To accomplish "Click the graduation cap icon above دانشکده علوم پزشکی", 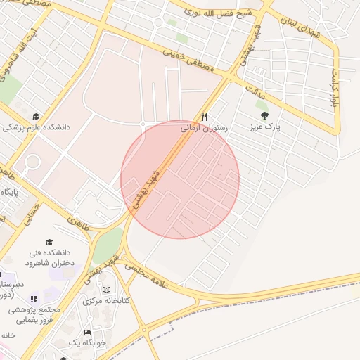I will coord(36,117).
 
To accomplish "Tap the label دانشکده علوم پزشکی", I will coord(37,128).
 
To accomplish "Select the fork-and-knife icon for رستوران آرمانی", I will coord(204,116).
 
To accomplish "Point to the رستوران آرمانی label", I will coord(203,128).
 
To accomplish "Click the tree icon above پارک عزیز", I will coord(264,116).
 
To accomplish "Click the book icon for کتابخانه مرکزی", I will coord(106,290).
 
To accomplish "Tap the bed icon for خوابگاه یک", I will coord(87,332).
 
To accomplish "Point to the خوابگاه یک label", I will coord(87,343).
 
